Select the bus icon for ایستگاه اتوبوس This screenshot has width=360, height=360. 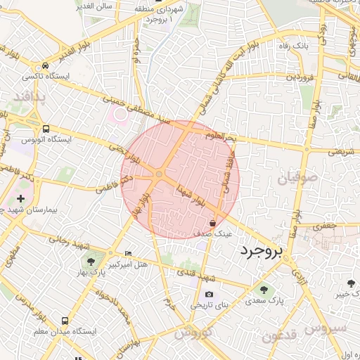[46, 129]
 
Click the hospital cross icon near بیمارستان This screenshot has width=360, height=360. [21, 200]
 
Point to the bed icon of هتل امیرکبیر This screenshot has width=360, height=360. [128, 253]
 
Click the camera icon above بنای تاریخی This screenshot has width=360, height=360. [208, 294]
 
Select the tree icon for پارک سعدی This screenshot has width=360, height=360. [264, 288]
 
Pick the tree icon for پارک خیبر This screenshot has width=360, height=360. [351, 283]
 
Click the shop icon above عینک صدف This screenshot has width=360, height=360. [212, 222]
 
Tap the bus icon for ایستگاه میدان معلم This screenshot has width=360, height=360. [65, 320]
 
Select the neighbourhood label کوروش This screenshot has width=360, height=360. [193, 332]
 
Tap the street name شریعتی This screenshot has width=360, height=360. [342, 150]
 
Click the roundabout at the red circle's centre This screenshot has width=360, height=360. [160, 174]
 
